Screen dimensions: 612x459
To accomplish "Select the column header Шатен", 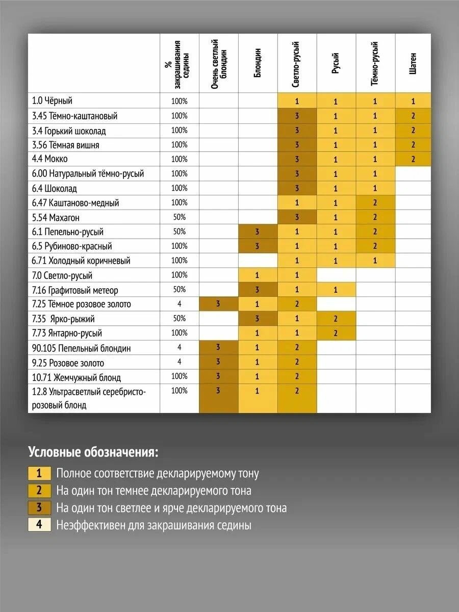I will (413, 64).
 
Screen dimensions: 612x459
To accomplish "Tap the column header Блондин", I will (258, 64).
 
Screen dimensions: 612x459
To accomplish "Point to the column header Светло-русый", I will (297, 64).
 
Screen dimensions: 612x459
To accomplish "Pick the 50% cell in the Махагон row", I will (180, 217).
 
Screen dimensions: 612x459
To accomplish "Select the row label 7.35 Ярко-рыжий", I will (63, 319).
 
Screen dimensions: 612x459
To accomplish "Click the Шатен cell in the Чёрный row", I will (413, 101).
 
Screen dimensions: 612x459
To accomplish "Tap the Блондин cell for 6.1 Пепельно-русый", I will (258, 232).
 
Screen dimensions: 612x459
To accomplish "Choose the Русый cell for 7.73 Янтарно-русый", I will (336, 334).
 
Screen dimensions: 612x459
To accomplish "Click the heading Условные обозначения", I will (93, 452).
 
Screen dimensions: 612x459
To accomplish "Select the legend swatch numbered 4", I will (39, 525).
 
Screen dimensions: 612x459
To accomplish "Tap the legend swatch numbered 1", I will (39, 473).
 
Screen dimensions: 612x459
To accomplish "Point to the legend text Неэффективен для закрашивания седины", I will (154, 525).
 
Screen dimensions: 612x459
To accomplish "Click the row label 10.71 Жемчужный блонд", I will (76, 378).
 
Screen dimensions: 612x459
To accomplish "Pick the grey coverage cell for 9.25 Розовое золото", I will (180, 363).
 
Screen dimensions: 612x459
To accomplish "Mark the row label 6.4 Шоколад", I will (54, 189).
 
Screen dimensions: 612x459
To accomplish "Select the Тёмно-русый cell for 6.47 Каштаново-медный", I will (375, 203).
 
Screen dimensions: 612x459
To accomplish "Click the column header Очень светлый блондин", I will (218, 64).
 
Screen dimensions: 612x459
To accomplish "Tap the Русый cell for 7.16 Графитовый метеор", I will (336, 290).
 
